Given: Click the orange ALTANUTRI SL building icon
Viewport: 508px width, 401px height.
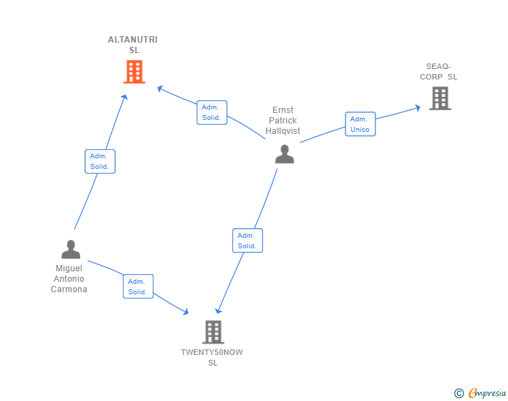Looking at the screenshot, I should coord(134,71).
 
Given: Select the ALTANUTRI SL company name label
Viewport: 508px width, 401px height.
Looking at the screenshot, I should coord(133,45).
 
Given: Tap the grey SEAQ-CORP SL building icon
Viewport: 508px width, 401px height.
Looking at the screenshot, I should coord(440,98).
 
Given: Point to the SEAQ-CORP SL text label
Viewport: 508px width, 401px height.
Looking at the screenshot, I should coord(438,72).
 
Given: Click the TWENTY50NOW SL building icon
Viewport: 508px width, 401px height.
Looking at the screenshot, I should coord(213,332).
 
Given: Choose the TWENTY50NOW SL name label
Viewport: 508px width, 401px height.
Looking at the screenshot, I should coord(212,357).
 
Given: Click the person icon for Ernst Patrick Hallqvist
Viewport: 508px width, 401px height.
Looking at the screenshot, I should coord(284,154).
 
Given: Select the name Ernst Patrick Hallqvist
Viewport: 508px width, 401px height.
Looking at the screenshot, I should coord(283,120).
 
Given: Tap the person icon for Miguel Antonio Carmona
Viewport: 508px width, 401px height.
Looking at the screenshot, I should coord(70,249).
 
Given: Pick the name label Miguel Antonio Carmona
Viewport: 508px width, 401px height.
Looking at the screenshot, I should coord(69,278).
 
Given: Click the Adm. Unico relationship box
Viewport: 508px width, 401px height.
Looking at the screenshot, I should coord(360,124).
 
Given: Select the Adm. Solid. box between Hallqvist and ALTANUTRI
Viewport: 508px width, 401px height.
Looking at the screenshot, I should coord(211,112).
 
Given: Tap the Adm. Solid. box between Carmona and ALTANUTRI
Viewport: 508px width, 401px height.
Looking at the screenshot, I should coord(100,161).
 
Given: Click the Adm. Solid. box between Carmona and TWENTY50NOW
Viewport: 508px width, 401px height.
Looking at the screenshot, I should coord(137,287).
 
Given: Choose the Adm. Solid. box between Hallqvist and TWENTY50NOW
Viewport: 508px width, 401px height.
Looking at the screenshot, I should coord(247,241).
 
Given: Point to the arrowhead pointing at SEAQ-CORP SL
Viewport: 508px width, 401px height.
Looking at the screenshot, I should coord(417,107).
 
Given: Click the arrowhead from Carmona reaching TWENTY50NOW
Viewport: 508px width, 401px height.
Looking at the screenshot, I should coord(186,312).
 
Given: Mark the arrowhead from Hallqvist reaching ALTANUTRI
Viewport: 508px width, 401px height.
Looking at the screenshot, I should coord(160,89).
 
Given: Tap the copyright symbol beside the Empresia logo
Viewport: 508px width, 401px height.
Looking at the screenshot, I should coord(458,393).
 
